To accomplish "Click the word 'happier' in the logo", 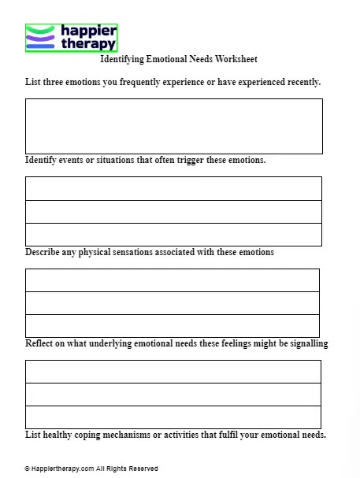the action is point(89,31).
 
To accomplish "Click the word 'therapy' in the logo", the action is point(88,44).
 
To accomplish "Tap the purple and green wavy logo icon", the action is point(40,37).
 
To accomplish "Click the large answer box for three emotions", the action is point(173,126).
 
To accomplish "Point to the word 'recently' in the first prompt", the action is point(300,82).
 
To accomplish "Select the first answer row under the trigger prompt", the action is point(173,189).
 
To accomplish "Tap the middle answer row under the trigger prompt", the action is point(173,212).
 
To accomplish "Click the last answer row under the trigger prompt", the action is point(173,235).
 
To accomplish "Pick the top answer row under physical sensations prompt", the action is point(173,280).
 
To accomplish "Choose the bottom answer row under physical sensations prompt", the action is point(173,325).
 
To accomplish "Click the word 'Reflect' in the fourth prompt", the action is point(40,343).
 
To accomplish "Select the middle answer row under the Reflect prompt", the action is point(173,395).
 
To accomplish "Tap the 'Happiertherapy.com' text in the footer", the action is point(62,469).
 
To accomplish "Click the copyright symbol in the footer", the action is point(28,469).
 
